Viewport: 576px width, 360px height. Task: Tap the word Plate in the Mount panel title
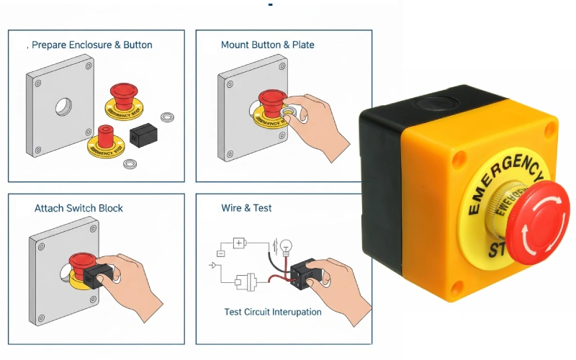click(x=303, y=45)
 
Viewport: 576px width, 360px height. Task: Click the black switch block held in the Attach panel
click(x=95, y=274)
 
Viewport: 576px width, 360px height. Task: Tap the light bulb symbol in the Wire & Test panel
click(x=286, y=247)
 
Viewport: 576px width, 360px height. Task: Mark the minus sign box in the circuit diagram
click(x=222, y=253)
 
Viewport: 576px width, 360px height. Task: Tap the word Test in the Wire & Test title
click(x=262, y=208)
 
